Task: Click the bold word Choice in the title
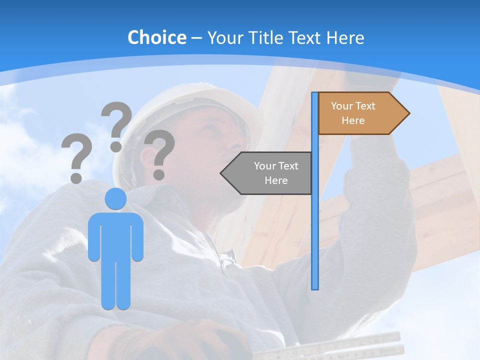click(156, 37)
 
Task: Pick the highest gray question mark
click(116, 125)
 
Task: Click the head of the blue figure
click(115, 199)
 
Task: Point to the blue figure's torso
click(115, 235)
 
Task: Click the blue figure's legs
click(115, 285)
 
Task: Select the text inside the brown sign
click(353, 113)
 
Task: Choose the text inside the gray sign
click(276, 173)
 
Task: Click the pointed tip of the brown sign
click(408, 113)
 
